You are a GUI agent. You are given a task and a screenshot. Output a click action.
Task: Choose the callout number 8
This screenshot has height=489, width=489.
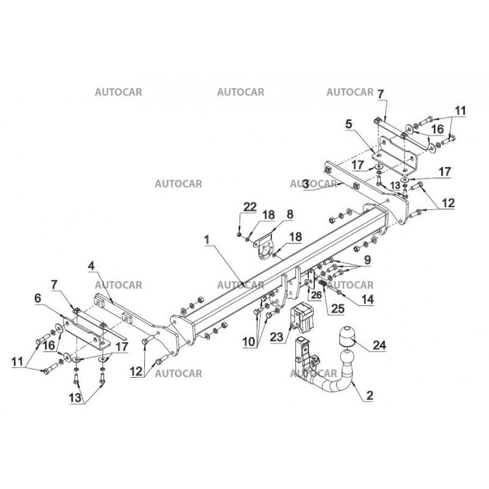290,215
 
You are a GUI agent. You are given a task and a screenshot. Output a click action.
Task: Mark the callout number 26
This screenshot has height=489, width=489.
315,294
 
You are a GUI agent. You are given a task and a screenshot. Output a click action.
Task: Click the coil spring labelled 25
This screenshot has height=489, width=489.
323,284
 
